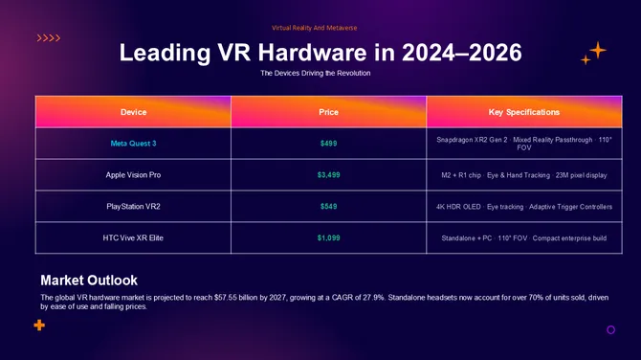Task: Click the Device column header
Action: tap(133, 112)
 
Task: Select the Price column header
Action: tap(328, 112)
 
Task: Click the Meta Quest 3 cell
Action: tap(133, 144)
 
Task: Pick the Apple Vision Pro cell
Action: tap(133, 175)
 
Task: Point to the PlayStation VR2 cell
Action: tap(133, 207)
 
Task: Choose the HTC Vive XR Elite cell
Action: tap(133, 237)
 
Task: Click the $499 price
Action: tap(328, 144)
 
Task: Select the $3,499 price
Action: tap(328, 175)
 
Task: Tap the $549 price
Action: tap(328, 207)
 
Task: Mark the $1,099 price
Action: tap(328, 237)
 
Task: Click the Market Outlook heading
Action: tap(89, 281)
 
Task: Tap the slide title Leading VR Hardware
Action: tap(320, 53)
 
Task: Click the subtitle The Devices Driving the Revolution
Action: tap(315, 74)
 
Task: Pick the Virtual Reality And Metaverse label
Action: tap(315, 28)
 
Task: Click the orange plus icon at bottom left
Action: tap(39, 326)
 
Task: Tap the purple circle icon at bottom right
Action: tap(610, 329)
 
